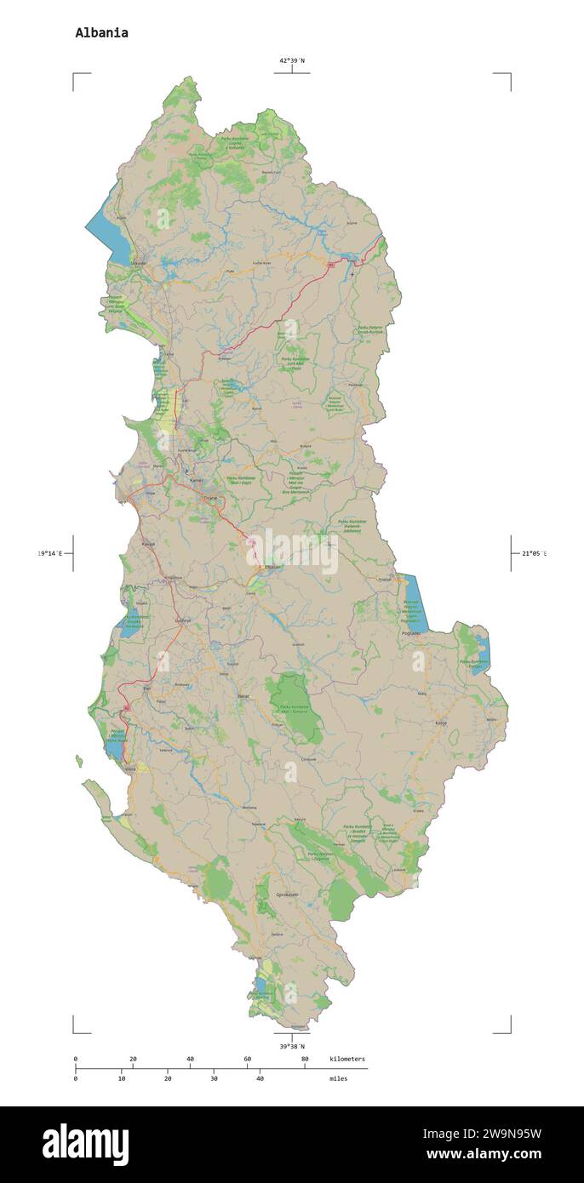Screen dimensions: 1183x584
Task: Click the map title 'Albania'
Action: pos(101,33)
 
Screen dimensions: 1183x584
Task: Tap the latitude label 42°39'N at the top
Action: pos(292,60)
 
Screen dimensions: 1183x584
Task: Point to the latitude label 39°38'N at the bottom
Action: pos(292,1046)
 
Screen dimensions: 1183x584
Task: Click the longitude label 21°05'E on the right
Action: pos(534,554)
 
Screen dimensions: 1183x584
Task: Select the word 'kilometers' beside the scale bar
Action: pos(347,1059)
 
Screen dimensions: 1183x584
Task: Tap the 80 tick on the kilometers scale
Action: pos(305,1060)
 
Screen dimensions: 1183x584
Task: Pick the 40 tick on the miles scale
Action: pos(260,1078)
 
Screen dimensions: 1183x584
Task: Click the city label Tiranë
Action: pos(210,498)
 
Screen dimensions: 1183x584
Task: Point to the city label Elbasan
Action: pos(249,567)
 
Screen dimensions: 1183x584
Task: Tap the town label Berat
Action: pos(243,696)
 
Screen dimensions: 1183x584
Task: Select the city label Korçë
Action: pos(441,723)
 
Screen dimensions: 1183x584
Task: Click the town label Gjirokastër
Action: pos(289,894)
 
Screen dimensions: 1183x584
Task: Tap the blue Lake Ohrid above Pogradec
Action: pos(413,600)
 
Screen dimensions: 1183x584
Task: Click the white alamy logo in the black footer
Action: pos(85,1145)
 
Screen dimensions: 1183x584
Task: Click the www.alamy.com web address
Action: pos(483,1155)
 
